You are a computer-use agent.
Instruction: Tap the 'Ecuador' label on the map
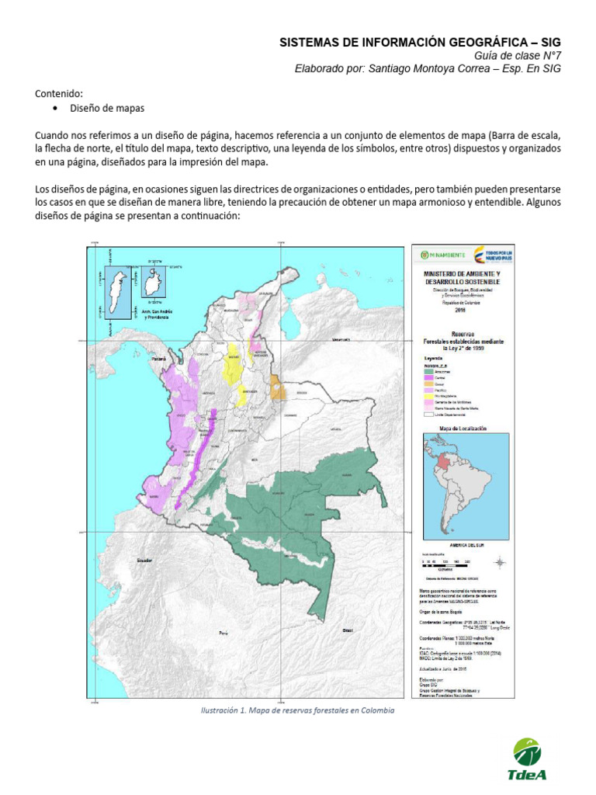143,560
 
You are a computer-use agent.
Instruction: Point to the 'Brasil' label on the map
348,629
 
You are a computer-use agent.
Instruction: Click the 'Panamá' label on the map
160,359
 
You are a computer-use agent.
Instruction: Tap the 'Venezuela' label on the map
341,340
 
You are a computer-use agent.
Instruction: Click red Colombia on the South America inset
443,462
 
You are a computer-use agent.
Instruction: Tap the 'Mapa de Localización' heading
463,428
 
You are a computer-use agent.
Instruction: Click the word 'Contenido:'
59,93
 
